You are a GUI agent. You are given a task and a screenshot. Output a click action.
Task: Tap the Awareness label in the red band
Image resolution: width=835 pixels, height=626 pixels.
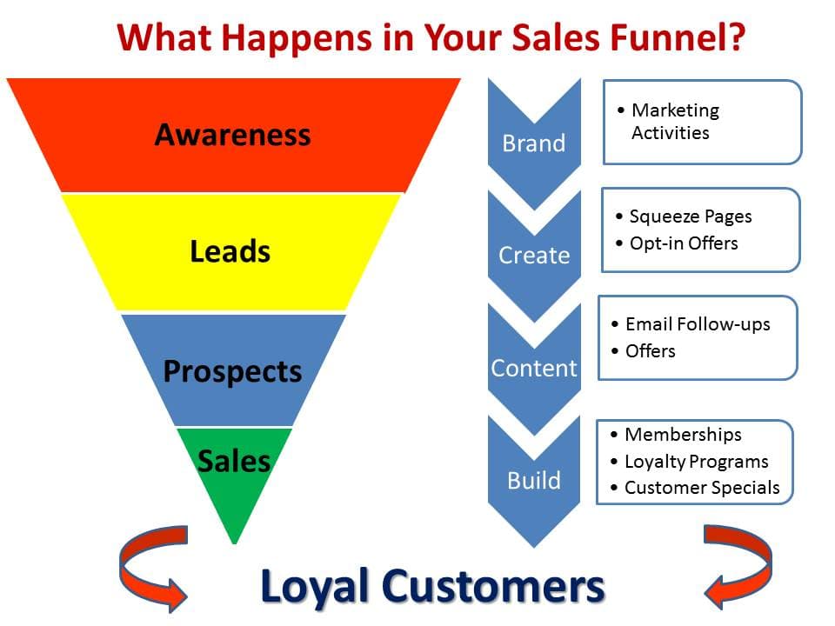point(233,135)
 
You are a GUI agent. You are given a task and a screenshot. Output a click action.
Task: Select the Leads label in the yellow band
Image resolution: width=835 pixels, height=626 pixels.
point(230,251)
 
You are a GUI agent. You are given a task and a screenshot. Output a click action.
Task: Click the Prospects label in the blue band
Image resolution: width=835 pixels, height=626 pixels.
point(233,371)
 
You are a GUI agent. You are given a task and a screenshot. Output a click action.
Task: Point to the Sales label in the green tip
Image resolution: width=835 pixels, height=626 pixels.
point(234,461)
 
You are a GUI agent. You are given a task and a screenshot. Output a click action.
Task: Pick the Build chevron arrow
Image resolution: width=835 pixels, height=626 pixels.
point(534,482)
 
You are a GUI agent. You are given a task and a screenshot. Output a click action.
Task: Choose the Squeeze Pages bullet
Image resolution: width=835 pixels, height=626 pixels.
point(684,216)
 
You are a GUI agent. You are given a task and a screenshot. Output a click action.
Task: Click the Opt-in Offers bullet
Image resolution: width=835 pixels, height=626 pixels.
point(677,243)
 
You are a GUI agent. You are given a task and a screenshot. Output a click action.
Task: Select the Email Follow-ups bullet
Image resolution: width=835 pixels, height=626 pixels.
point(691,324)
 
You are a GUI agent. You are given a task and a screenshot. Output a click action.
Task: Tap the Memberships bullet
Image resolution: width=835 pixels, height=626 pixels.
point(676,435)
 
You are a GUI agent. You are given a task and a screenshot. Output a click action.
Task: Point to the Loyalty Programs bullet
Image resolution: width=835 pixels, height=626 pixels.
point(689,462)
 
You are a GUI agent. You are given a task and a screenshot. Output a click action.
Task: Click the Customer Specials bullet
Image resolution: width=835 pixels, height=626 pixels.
point(695,488)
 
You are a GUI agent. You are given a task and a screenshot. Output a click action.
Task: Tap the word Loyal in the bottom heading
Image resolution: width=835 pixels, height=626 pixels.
point(315,587)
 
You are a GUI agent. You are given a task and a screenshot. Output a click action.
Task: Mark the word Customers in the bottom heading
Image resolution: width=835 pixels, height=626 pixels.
point(493,585)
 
